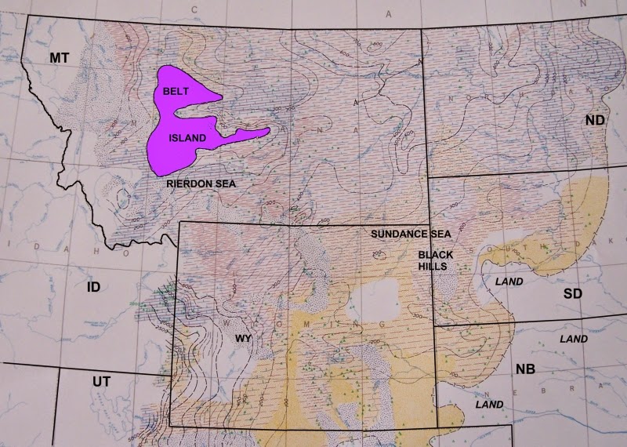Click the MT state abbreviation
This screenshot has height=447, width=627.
[x=60, y=58]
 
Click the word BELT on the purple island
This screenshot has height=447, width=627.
[x=176, y=92]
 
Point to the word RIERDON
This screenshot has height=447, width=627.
[x=190, y=183]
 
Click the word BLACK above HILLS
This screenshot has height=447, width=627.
[x=435, y=256]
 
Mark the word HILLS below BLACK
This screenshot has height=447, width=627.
[x=435, y=267]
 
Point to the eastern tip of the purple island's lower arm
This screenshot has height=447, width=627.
[x=270, y=131]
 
